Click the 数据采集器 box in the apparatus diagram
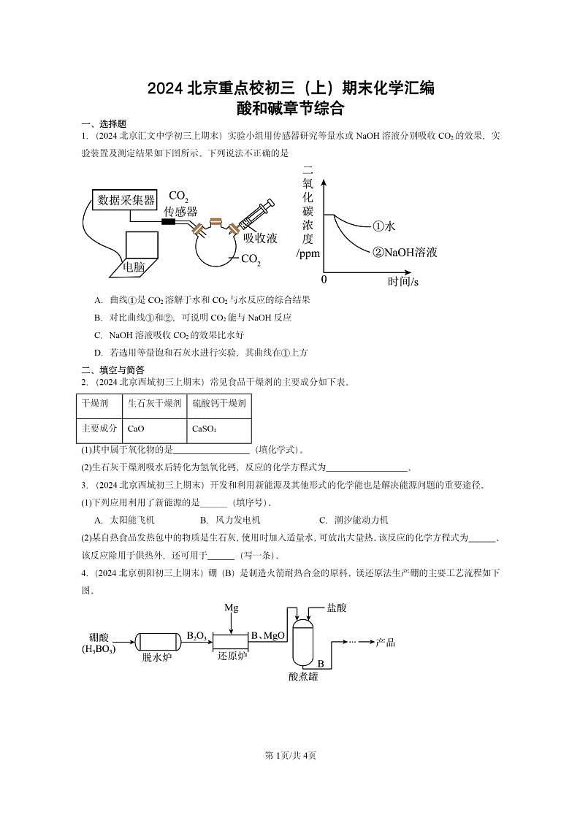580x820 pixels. pyautogui.click(x=126, y=200)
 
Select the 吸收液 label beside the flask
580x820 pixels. pyautogui.click(x=260, y=238)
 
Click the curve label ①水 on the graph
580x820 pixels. pyautogui.click(x=384, y=227)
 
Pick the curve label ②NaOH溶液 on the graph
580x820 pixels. pyautogui.click(x=404, y=253)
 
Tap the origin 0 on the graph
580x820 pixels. pyautogui.click(x=324, y=280)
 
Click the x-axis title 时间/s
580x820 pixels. pyautogui.click(x=403, y=281)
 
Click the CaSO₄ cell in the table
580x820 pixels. pyautogui.click(x=205, y=429)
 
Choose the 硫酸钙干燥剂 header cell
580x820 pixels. pyautogui.click(x=218, y=402)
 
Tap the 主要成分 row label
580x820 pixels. pyautogui.click(x=99, y=429)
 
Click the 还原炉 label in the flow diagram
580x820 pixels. pyautogui.click(x=232, y=656)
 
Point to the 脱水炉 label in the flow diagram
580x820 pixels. pyautogui.click(x=156, y=656)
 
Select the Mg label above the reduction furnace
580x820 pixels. pyautogui.click(x=232, y=608)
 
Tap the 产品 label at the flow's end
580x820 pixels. pyautogui.click(x=385, y=642)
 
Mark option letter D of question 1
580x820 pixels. pyautogui.click(x=98, y=352)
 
